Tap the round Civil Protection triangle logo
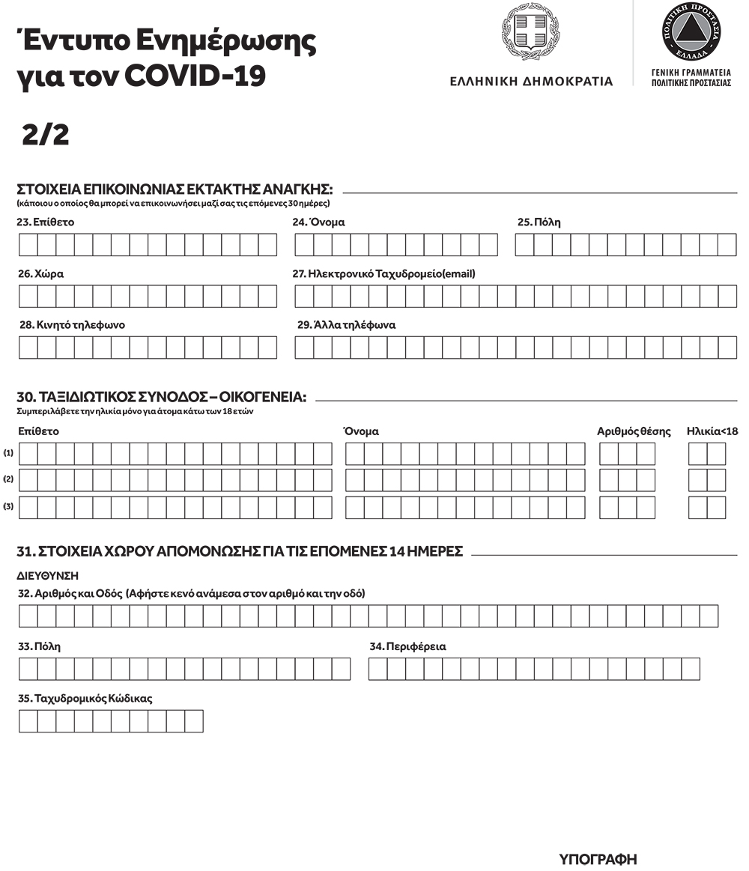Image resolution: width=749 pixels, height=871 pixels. pos(691,34)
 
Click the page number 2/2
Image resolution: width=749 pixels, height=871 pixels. pos(46,135)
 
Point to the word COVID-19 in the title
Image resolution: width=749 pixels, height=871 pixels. pos(195,76)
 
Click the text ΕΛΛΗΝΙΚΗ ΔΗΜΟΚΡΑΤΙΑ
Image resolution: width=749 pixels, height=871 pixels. pos(531,82)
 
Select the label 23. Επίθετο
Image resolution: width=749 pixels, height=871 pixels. pos(46,222)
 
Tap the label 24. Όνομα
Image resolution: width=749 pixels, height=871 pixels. pos(318,222)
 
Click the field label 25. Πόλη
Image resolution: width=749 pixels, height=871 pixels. pos(539,222)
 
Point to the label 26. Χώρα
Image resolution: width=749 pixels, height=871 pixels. pos(40,274)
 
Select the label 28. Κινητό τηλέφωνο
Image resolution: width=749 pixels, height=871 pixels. pos(72,325)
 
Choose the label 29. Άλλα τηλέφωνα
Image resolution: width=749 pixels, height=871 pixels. pos(346,325)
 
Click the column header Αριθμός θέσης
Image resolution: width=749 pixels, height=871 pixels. pos(634,431)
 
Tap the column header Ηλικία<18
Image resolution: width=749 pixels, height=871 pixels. pos(712,431)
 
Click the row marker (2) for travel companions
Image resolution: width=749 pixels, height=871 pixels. pos(9,479)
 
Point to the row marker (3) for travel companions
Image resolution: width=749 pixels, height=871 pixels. pos(9,507)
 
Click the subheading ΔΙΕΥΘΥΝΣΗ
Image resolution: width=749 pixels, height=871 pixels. pos(47,576)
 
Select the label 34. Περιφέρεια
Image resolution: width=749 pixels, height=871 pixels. pos(407,646)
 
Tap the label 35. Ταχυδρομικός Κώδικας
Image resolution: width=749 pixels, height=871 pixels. pos(85,698)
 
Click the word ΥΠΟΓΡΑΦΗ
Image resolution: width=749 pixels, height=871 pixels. pos(598,858)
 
